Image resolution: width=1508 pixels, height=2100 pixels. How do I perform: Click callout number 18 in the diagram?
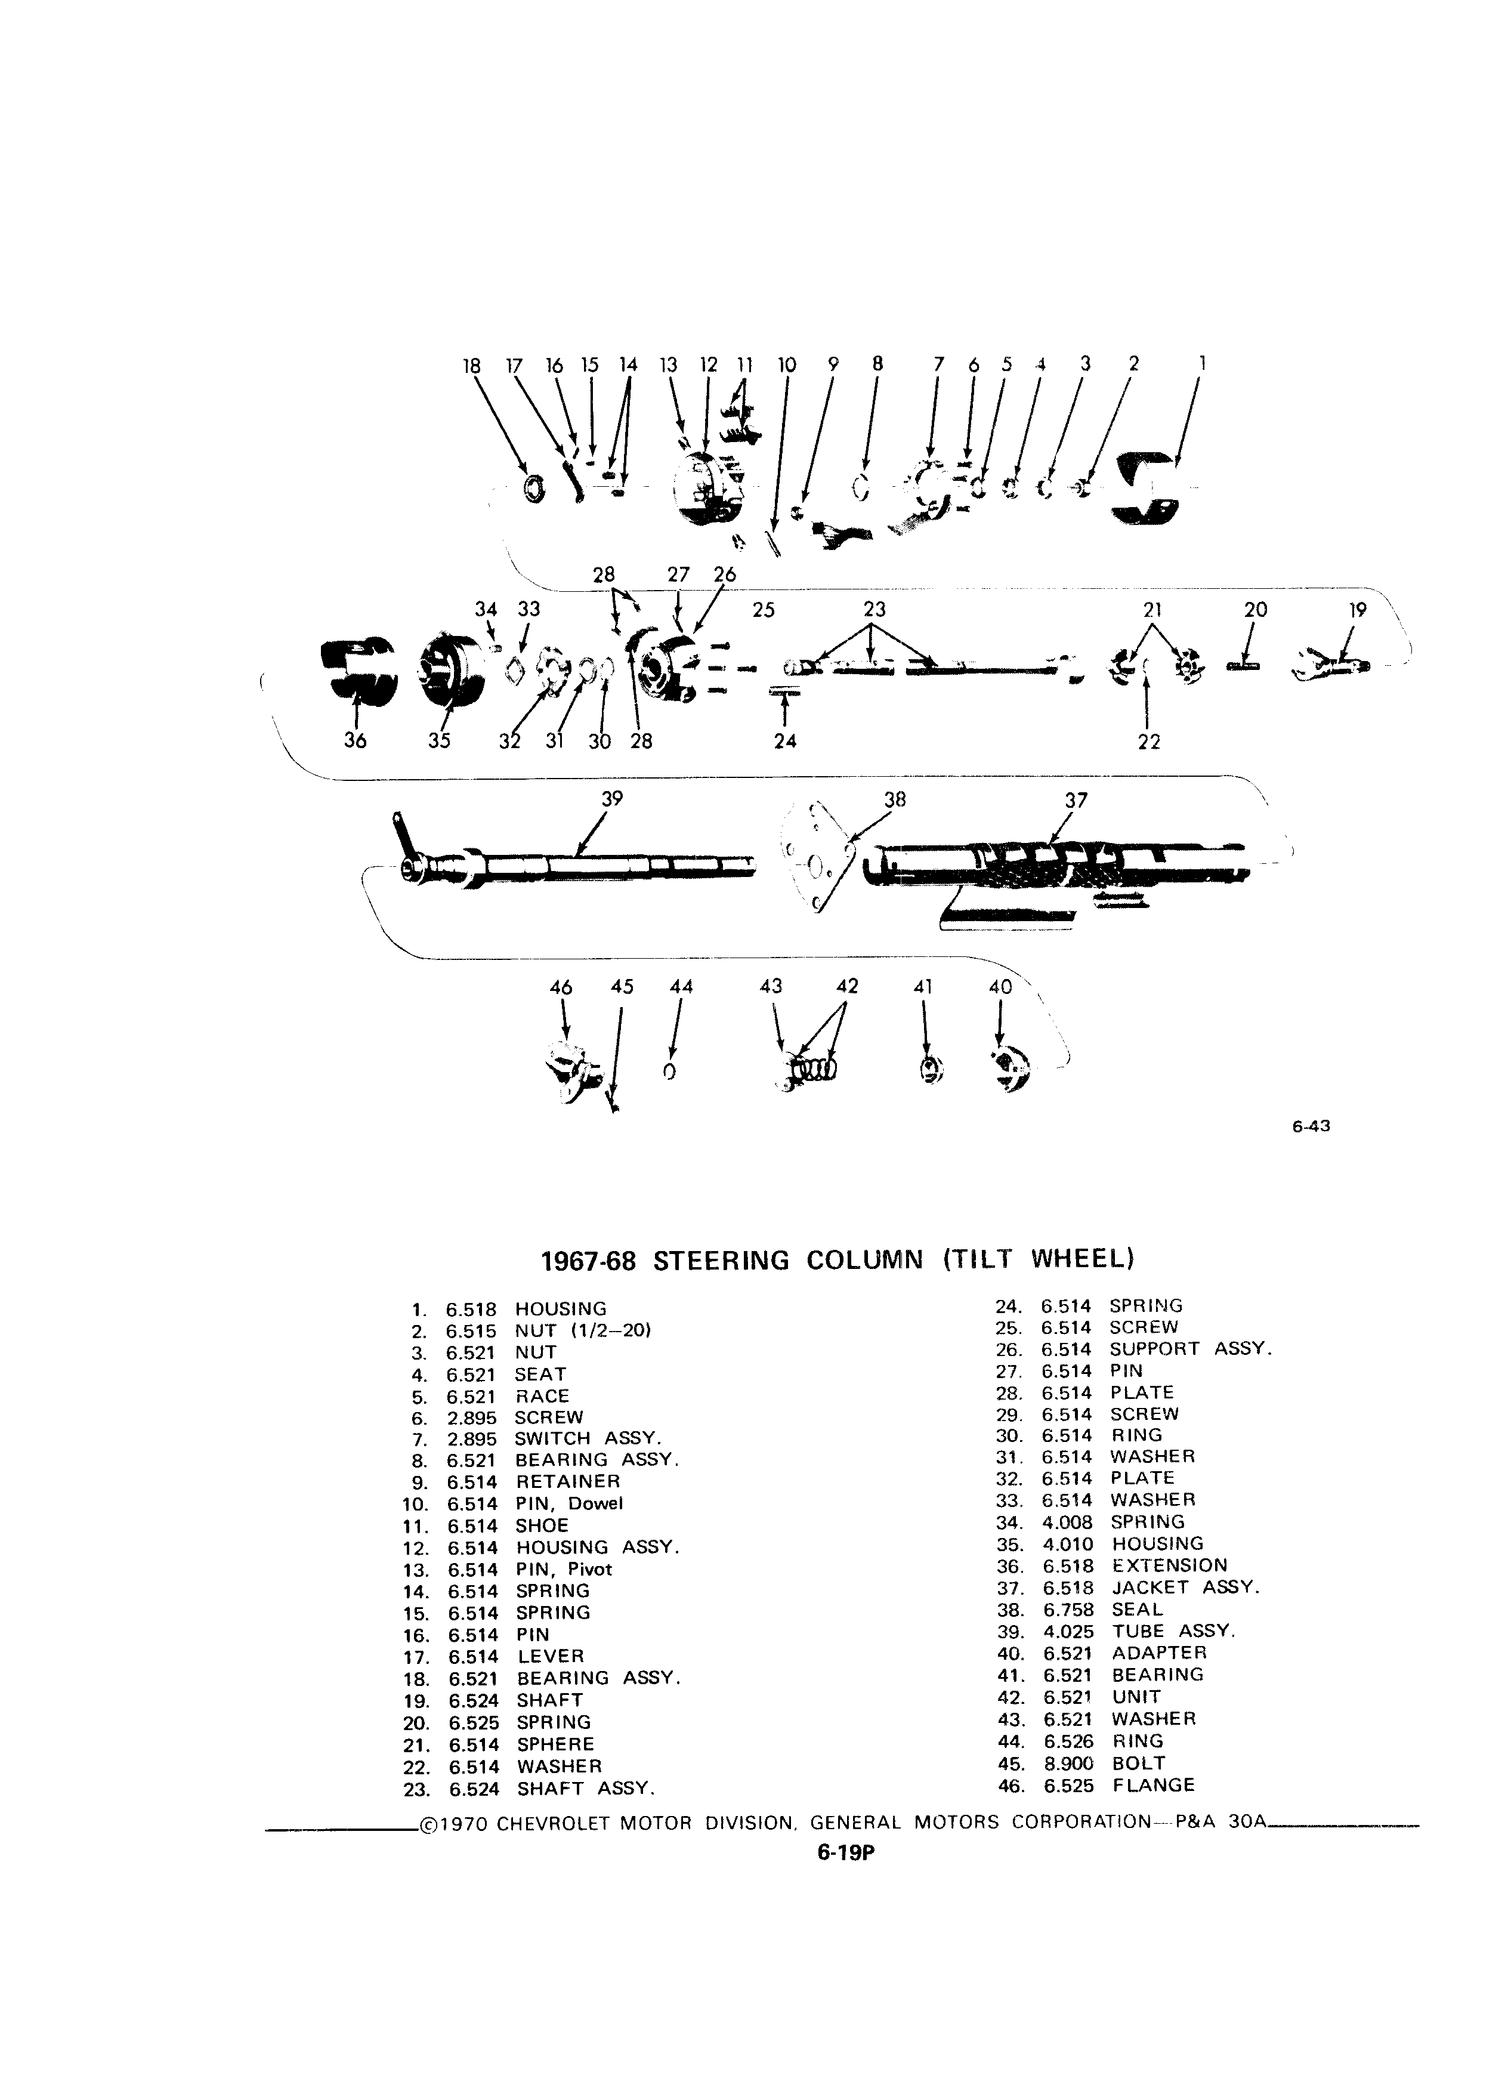(471, 366)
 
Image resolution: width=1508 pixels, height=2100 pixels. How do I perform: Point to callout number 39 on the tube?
(612, 798)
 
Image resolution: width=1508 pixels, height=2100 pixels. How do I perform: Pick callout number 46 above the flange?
(561, 987)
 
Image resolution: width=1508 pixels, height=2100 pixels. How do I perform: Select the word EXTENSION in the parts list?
(1169, 1565)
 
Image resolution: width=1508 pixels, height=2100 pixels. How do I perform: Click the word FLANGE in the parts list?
(1154, 1784)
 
